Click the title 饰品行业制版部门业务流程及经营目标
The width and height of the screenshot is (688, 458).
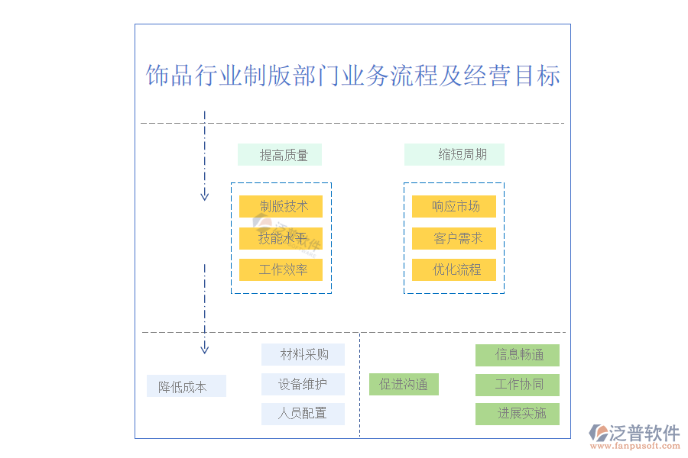point(352,76)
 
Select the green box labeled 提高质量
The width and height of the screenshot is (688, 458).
point(280,155)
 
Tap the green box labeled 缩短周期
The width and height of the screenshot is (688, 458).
point(454,155)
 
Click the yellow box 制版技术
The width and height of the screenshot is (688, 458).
point(281,206)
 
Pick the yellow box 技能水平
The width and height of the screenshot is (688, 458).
point(281,238)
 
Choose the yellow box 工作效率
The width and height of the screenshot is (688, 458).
point(281,269)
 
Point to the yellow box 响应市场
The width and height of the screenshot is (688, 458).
point(454,206)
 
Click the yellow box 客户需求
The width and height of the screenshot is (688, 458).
point(454,238)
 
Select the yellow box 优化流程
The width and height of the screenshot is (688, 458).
point(454,269)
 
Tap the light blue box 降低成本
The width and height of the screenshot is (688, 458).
point(186,386)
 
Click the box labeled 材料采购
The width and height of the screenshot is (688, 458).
point(303,354)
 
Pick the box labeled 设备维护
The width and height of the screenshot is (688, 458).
point(303,384)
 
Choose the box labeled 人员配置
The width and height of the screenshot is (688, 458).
point(303,414)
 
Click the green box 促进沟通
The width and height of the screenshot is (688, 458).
point(404,384)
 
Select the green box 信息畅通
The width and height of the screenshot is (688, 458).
point(518,354)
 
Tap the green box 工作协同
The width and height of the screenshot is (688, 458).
point(518,384)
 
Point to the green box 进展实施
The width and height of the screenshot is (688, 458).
point(518,414)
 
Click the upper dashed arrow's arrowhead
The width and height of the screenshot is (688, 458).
point(204,196)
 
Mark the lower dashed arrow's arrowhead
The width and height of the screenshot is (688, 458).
point(204,350)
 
